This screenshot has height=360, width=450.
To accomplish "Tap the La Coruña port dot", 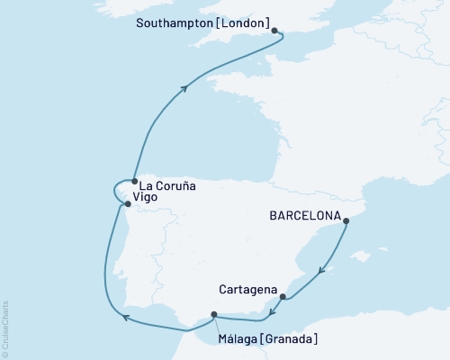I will tap(134, 181).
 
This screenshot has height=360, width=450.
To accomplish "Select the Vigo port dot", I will tap(127, 203).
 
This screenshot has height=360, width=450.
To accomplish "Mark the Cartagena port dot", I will tap(283, 296).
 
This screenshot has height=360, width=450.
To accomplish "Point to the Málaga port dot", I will tap(214, 314).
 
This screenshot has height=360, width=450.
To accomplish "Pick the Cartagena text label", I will tap(247, 290).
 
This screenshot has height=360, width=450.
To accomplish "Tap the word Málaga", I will tap(238, 339).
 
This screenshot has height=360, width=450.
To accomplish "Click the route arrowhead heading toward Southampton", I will tap(184, 88).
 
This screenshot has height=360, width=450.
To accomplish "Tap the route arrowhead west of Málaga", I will tap(126, 316).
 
